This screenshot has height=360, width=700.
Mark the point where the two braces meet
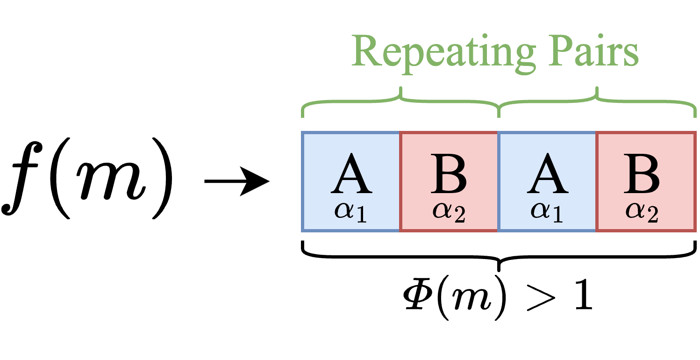tap(499, 112)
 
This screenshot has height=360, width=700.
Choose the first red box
tap(449, 181)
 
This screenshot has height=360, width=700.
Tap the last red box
tap(646, 181)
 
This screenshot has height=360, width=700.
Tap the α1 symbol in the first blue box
tap(350, 212)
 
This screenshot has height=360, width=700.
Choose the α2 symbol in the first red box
tap(449, 212)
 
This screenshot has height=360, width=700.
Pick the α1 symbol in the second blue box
tap(547, 212)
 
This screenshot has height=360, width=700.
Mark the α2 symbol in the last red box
tap(642, 212)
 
